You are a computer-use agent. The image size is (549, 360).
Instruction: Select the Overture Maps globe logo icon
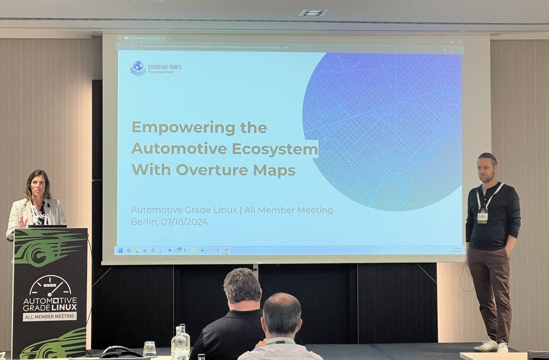[138, 68]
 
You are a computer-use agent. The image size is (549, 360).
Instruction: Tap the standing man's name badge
[483, 216]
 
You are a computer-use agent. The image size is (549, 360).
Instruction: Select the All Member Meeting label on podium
[50, 316]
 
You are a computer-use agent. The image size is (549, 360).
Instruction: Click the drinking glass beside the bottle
[150, 349]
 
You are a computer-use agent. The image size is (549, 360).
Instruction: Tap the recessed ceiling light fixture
[313, 13]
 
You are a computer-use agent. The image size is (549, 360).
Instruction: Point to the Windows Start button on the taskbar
[121, 250]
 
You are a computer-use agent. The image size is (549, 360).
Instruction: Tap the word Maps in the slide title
[274, 170]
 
